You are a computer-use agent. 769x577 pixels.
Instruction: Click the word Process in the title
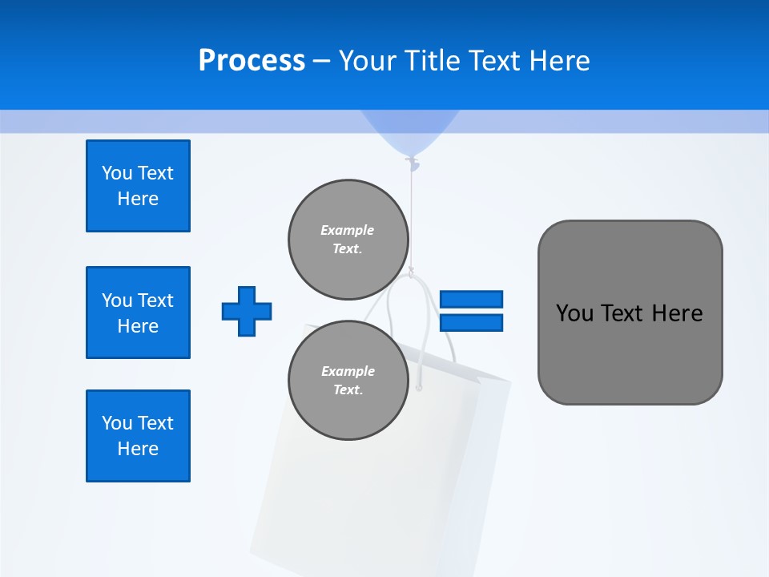tap(252, 60)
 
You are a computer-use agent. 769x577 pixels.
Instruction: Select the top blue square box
tap(138, 186)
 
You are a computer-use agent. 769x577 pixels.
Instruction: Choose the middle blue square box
tap(138, 313)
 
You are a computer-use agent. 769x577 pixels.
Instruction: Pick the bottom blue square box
tap(138, 436)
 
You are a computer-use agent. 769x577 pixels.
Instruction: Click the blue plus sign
tap(247, 311)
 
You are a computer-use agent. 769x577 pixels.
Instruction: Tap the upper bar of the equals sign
tap(471, 299)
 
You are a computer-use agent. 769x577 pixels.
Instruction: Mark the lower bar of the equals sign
tap(471, 323)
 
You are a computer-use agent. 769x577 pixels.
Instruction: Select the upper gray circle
tap(348, 239)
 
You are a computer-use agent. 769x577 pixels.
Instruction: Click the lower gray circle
tap(348, 380)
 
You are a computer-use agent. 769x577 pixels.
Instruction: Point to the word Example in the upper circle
tap(348, 230)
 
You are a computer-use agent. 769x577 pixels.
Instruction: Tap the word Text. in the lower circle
tap(348, 390)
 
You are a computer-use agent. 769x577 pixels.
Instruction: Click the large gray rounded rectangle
tap(630, 313)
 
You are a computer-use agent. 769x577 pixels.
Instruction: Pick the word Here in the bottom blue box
tap(138, 449)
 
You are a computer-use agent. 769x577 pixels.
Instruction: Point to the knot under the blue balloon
tap(413, 164)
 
